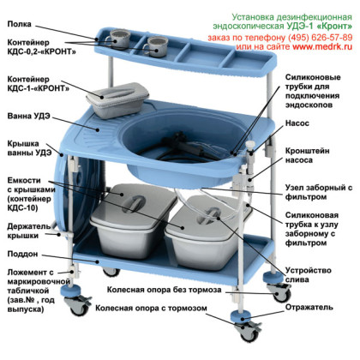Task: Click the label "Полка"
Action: tap(19, 24)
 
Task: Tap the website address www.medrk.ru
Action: tap(322, 46)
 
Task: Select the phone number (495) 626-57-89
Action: tap(321, 38)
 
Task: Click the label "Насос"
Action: tap(297, 123)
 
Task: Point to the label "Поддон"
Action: tap(22, 254)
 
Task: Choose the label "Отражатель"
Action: tap(309, 307)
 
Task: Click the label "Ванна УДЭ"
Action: tap(28, 116)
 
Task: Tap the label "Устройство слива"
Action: tap(309, 275)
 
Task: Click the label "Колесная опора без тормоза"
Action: tap(164, 290)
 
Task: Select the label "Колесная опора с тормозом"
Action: tap(151, 309)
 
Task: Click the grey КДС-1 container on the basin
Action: tap(117, 100)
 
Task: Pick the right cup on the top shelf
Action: tap(155, 46)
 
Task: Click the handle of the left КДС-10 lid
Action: tap(134, 203)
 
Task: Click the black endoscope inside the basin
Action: tap(183, 146)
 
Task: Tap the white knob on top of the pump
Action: tap(250, 145)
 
